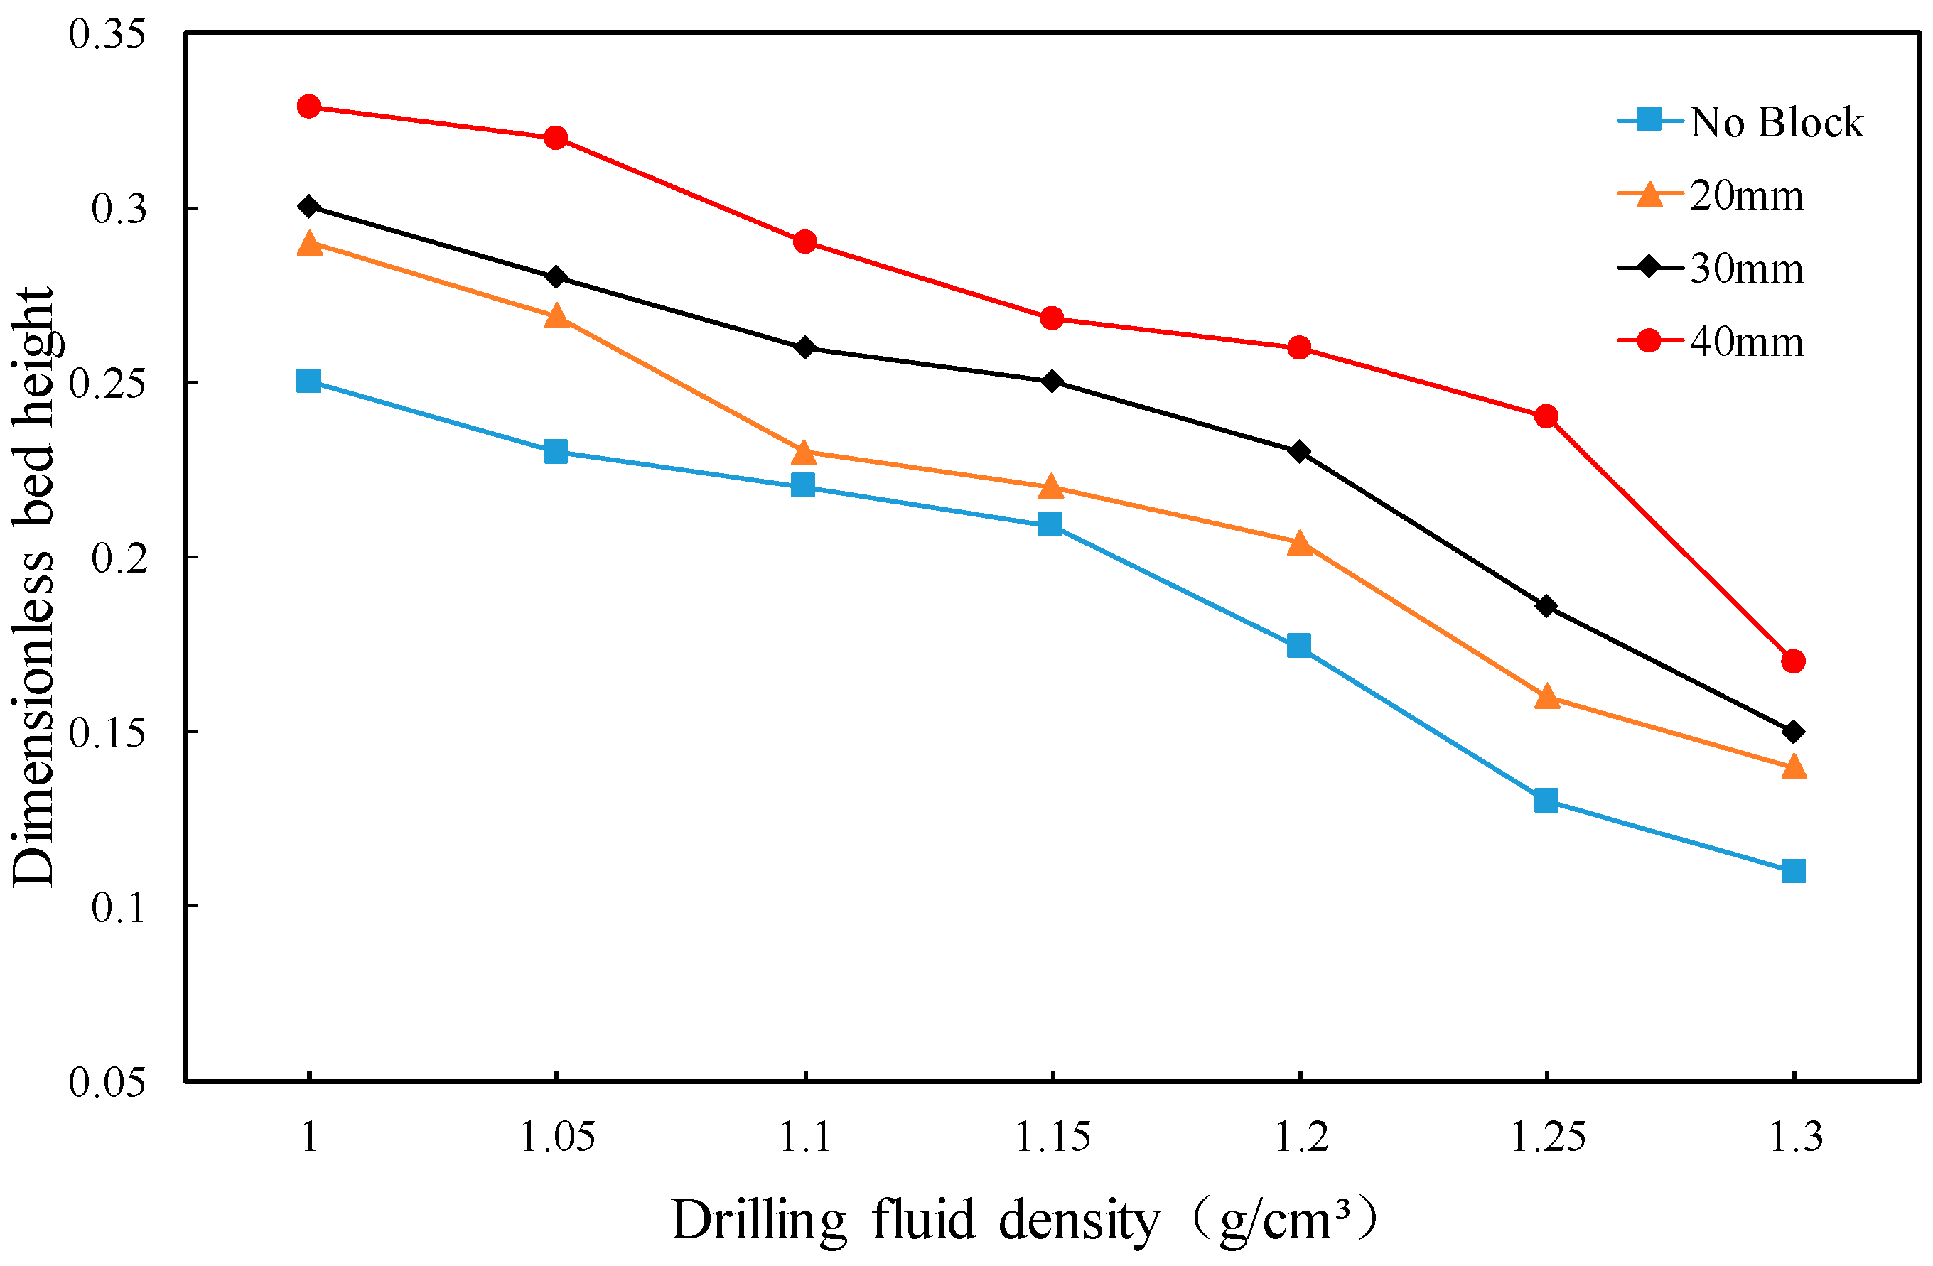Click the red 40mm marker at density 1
(308, 107)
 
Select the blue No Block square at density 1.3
(1793, 871)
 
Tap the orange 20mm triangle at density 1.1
(803, 452)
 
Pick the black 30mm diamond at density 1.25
(1546, 607)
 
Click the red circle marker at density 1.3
(1793, 661)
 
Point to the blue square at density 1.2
(1298, 646)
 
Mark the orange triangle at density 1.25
(1546, 697)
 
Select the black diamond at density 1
(308, 206)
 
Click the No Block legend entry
(1775, 123)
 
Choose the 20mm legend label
(1746, 195)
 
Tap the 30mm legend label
(1746, 269)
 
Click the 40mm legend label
(1746, 342)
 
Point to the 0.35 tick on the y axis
(107, 34)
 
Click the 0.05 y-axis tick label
(107, 1082)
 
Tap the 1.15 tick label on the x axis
(1052, 1137)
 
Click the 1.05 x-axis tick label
(557, 1137)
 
